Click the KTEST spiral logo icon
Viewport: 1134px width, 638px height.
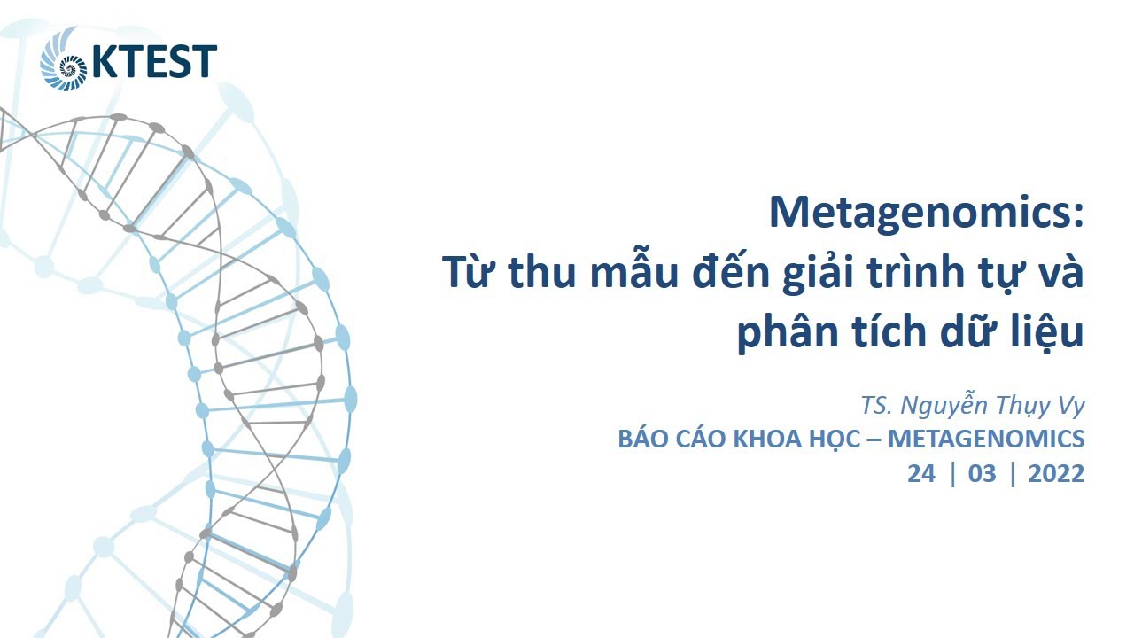[x=65, y=60]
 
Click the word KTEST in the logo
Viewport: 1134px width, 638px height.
[x=153, y=62]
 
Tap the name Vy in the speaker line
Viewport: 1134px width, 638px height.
[x=1071, y=406]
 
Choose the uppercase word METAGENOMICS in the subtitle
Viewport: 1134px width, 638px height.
[x=986, y=439]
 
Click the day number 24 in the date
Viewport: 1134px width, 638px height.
[x=920, y=473]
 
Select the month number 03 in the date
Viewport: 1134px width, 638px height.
[x=982, y=473]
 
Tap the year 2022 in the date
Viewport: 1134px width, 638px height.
[x=1056, y=473]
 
